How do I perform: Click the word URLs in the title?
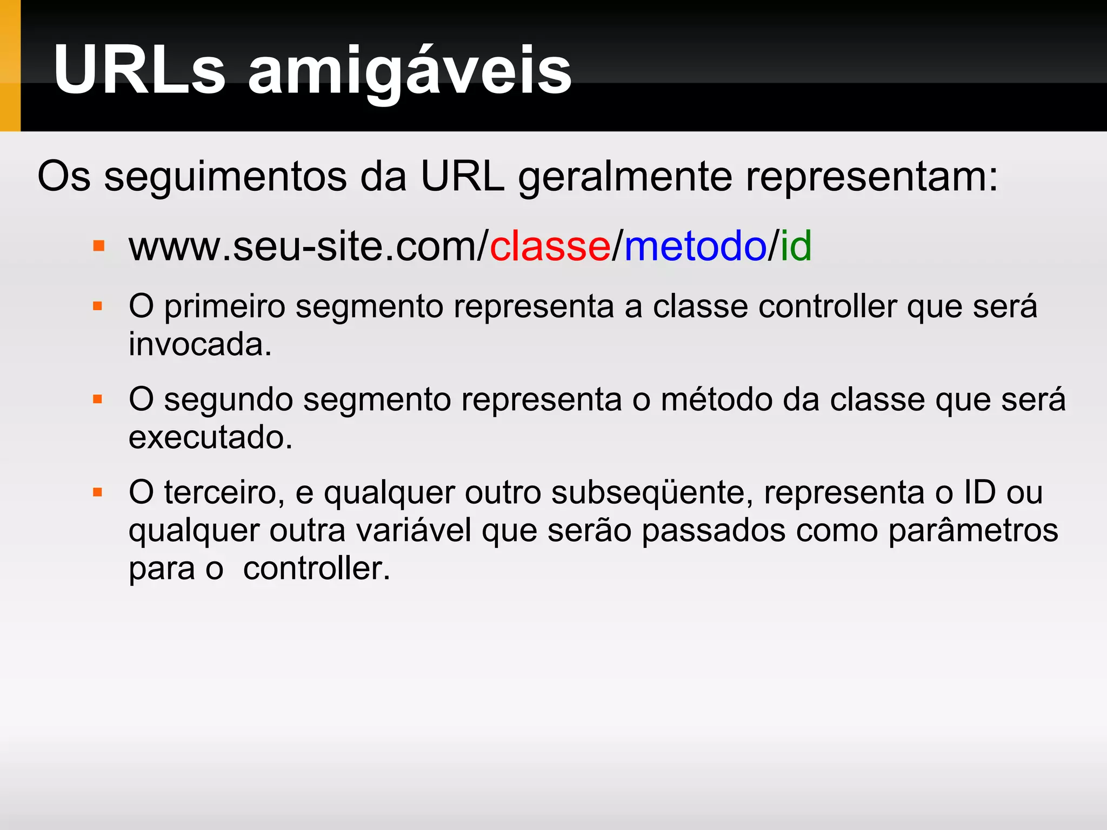pyautogui.click(x=139, y=70)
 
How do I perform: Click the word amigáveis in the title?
pyautogui.click(x=409, y=73)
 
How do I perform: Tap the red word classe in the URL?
pyautogui.click(x=550, y=246)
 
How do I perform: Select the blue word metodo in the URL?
pyautogui.click(x=695, y=246)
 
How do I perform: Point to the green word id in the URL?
pyautogui.click(x=796, y=246)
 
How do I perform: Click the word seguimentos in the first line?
pyautogui.click(x=225, y=177)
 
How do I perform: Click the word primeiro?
pyautogui.click(x=225, y=307)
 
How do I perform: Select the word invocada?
pyautogui.click(x=200, y=345)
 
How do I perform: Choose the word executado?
pyautogui.click(x=210, y=437)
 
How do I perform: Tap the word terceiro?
pyautogui.click(x=224, y=493)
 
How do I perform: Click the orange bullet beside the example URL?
pyautogui.click(x=98, y=246)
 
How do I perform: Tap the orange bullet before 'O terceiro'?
pyautogui.click(x=98, y=492)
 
